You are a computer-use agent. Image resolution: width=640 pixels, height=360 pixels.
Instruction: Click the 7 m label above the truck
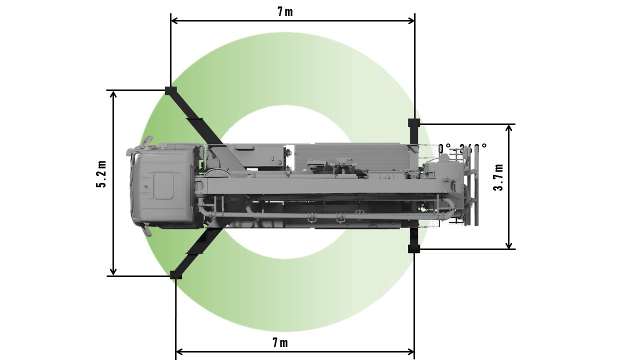[x=285, y=11]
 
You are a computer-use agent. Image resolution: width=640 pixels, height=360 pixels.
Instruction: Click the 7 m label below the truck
[x=280, y=342]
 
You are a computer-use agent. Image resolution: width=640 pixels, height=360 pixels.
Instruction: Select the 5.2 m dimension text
[x=101, y=174]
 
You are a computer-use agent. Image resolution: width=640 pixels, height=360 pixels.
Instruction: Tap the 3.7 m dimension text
[x=498, y=177]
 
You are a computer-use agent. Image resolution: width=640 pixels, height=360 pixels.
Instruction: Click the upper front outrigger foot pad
[x=170, y=90]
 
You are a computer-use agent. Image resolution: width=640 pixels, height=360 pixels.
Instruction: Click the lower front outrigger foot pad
[x=175, y=274]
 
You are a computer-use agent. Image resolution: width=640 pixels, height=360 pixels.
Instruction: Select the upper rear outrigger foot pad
[x=414, y=122]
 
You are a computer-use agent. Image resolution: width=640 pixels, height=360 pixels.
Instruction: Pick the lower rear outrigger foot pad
[x=414, y=248]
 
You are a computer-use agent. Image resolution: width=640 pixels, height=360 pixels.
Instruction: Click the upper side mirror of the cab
[x=145, y=142]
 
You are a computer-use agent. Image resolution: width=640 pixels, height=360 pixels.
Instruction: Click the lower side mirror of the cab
[x=145, y=230]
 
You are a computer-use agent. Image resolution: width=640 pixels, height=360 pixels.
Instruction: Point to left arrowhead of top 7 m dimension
[x=174, y=20]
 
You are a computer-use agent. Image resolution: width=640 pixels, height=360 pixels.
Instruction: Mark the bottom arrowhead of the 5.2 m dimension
[x=113, y=272]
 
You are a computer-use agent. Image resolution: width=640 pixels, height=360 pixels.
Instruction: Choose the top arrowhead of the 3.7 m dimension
[x=509, y=128]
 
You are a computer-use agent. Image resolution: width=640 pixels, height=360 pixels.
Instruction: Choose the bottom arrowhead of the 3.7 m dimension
[x=509, y=245]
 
